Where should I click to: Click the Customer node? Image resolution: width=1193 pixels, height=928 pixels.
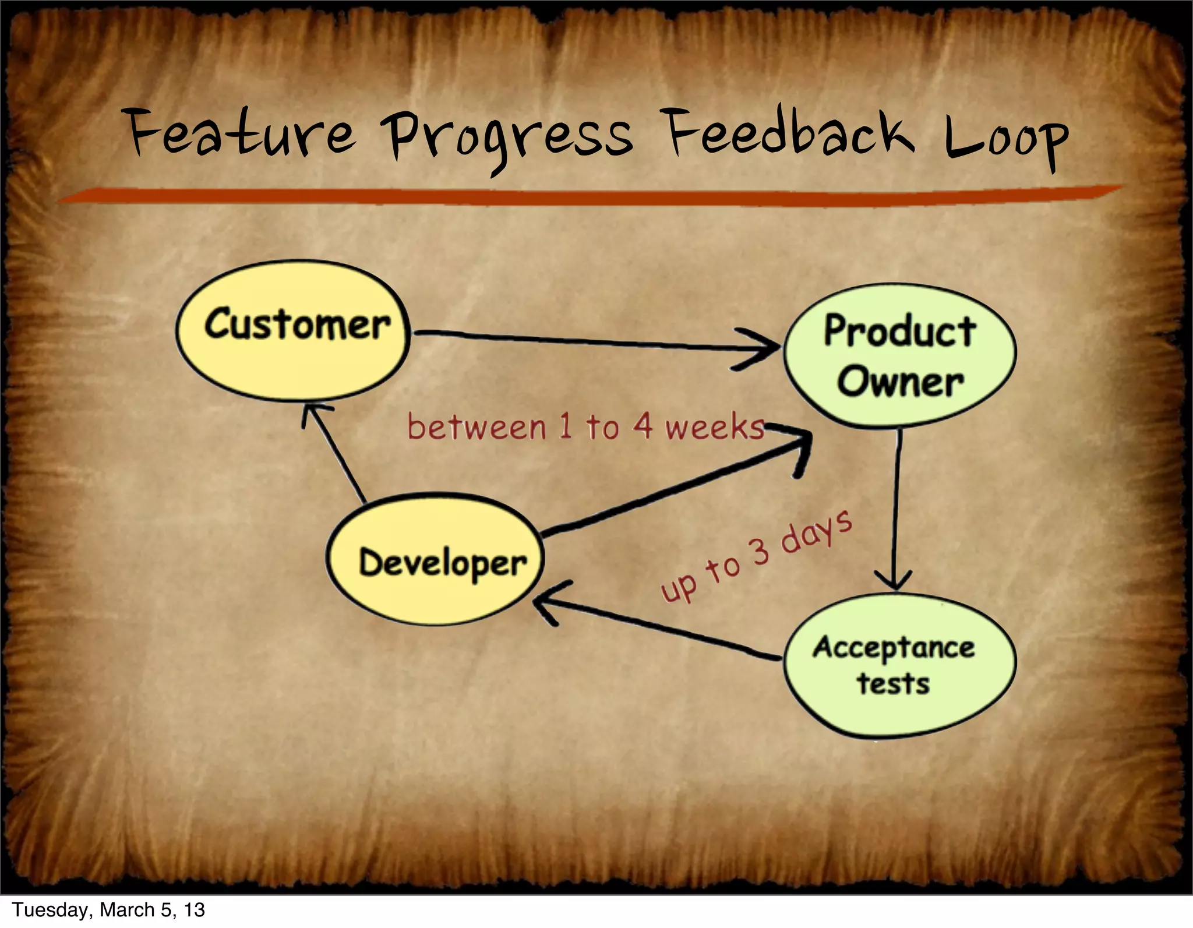click(293, 330)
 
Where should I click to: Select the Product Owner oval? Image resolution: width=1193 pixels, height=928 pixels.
click(899, 356)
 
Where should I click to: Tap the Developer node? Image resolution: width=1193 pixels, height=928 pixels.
click(435, 560)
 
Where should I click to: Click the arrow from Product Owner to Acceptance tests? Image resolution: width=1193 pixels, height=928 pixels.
click(896, 507)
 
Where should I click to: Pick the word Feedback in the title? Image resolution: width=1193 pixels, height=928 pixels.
click(789, 134)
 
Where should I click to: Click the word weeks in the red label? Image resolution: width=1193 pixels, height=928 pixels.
click(714, 427)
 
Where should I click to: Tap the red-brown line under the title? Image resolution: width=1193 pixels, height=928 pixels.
click(583, 196)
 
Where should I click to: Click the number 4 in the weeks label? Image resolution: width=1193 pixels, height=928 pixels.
click(643, 425)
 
